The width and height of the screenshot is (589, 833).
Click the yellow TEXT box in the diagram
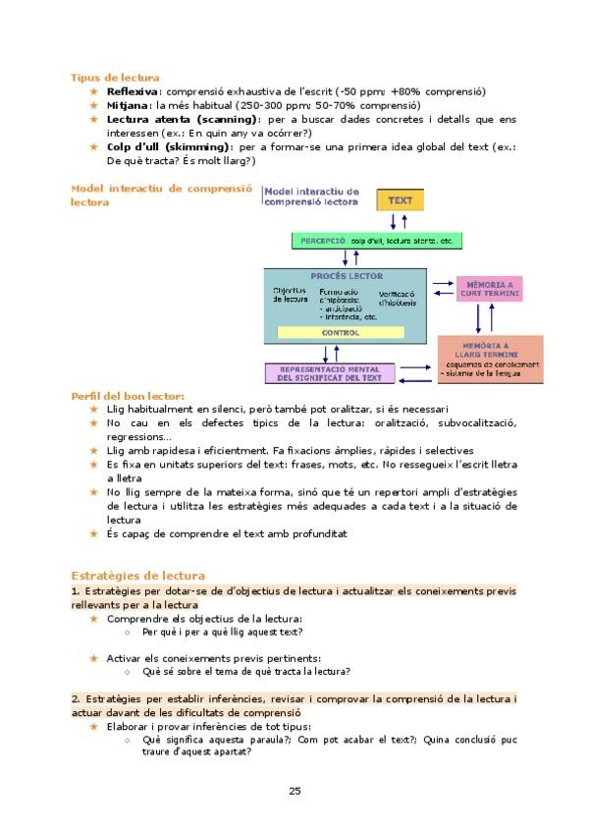click(401, 200)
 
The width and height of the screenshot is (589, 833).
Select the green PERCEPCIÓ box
click(377, 241)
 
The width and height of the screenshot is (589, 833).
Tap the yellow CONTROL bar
click(341, 332)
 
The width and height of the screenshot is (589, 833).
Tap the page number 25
click(294, 791)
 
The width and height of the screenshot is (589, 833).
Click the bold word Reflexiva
click(133, 91)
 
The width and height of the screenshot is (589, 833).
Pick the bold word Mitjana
click(128, 105)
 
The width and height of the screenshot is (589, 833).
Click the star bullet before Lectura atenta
click(94, 119)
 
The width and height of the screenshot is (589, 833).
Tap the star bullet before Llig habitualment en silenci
click(94, 410)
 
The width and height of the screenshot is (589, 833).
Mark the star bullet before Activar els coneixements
click(94, 658)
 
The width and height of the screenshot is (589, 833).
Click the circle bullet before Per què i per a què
click(129, 633)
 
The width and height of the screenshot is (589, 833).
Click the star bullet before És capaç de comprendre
click(94, 534)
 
